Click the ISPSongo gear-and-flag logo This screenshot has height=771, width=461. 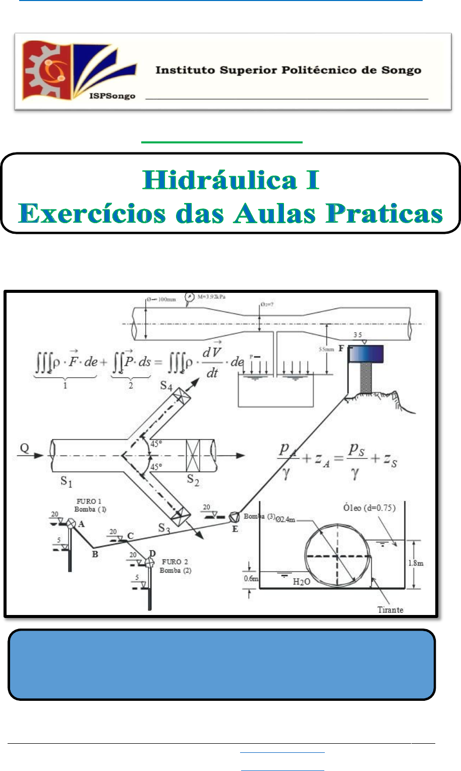pyautogui.click(x=78, y=71)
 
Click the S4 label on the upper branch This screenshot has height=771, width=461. pyautogui.click(x=166, y=386)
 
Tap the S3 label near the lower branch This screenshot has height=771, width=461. pyautogui.click(x=164, y=528)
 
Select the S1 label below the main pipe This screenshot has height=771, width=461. pyautogui.click(x=67, y=481)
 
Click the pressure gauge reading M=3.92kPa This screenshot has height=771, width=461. pyautogui.click(x=212, y=297)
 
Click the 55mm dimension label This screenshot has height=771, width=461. pyautogui.click(x=326, y=349)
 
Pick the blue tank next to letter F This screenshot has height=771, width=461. pyautogui.click(x=366, y=354)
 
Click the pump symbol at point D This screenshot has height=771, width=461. pyautogui.click(x=149, y=562)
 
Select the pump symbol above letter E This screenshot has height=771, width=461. pyautogui.click(x=234, y=518)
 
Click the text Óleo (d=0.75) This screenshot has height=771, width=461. pyautogui.click(x=370, y=507)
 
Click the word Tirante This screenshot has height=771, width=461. pyautogui.click(x=390, y=609)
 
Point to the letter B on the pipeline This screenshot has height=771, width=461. pyautogui.click(x=95, y=554)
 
